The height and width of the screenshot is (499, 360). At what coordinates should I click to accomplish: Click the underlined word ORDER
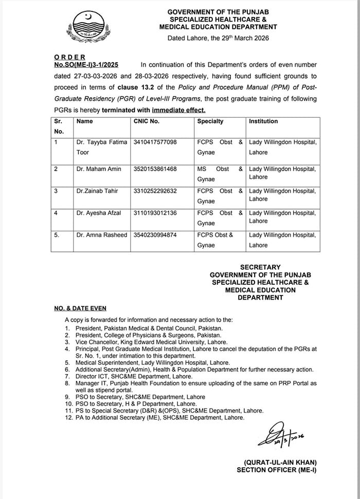point(69,57)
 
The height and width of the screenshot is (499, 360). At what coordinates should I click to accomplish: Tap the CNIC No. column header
point(146,121)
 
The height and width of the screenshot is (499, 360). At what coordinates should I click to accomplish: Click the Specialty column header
point(210,121)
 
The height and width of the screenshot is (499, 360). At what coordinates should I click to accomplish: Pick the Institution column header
point(263,121)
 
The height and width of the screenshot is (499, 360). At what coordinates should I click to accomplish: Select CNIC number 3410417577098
point(155,142)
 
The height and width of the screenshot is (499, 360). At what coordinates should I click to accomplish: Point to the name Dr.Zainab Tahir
point(97,191)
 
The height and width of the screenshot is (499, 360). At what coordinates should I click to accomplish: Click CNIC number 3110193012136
point(155,213)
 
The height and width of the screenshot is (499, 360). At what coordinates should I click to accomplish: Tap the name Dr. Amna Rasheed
point(102,235)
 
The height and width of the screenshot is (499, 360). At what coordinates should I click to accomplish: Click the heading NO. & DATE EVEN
point(80,308)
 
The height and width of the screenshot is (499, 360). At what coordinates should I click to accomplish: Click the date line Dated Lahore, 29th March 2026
point(218,38)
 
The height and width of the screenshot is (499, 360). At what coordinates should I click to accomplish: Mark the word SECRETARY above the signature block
point(260,267)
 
